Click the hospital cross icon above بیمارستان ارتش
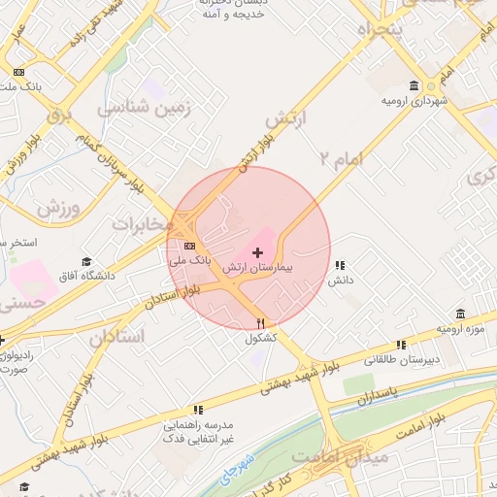point(257,252)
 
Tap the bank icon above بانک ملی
point(189,246)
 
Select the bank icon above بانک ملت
point(18,72)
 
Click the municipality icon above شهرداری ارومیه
point(414,85)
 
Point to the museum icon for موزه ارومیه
point(459,315)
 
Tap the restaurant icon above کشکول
point(260,323)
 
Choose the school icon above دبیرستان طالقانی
point(401,345)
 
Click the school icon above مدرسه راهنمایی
point(198,411)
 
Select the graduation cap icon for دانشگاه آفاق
point(86,262)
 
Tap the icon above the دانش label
point(339,265)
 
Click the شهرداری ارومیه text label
point(414,101)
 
